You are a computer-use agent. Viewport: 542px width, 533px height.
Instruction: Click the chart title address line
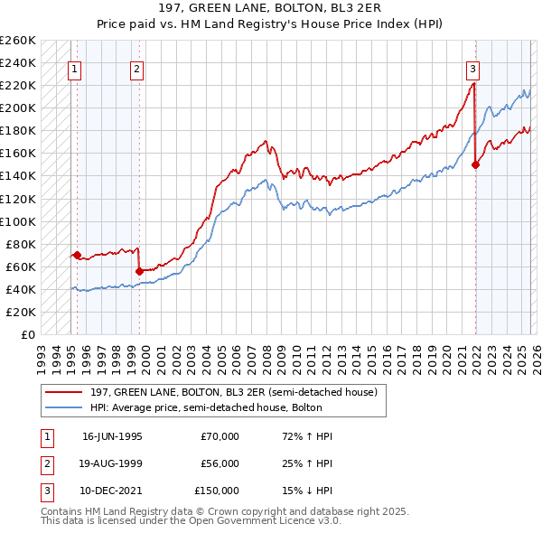pos(270,8)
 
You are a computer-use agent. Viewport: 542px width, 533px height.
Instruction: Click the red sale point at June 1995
pos(78,255)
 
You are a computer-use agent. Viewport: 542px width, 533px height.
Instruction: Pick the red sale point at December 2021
pos(475,164)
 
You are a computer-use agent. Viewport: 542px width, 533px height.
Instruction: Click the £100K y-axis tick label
pos(18,221)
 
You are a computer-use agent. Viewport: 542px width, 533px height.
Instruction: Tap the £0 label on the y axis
pos(29,334)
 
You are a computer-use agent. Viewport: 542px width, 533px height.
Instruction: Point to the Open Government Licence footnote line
pos(191,521)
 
